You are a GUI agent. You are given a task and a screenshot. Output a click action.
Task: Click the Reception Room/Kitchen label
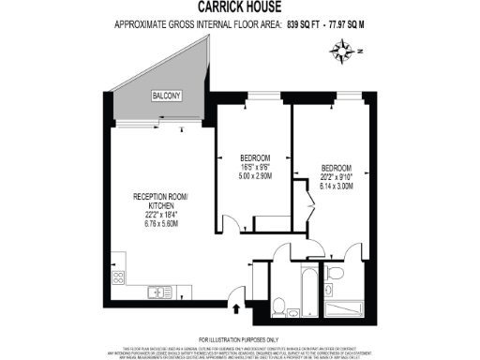(x=159, y=201)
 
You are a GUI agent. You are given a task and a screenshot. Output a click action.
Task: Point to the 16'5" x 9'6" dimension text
(x=255, y=166)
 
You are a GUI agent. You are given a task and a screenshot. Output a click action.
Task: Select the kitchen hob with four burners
(x=119, y=278)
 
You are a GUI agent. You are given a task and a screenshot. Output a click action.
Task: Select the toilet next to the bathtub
(x=278, y=305)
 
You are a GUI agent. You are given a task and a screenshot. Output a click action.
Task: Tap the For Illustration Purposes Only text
(x=239, y=337)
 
